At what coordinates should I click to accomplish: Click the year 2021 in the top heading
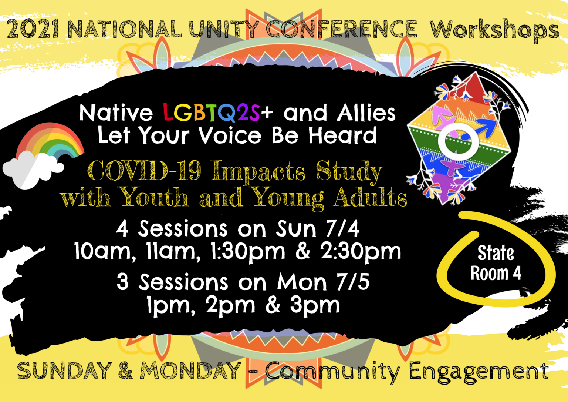pos(33,29)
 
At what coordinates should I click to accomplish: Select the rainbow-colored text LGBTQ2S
pos(212,113)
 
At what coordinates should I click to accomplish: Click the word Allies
pos(366,113)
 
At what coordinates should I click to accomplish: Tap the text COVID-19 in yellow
pos(144,171)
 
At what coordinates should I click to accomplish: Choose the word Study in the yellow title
pos(349,171)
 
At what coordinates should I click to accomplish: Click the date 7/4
pos(342,229)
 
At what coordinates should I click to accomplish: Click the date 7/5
pos(353,282)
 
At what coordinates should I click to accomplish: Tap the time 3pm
pos(315,306)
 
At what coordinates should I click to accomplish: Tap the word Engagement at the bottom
pos(479,371)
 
